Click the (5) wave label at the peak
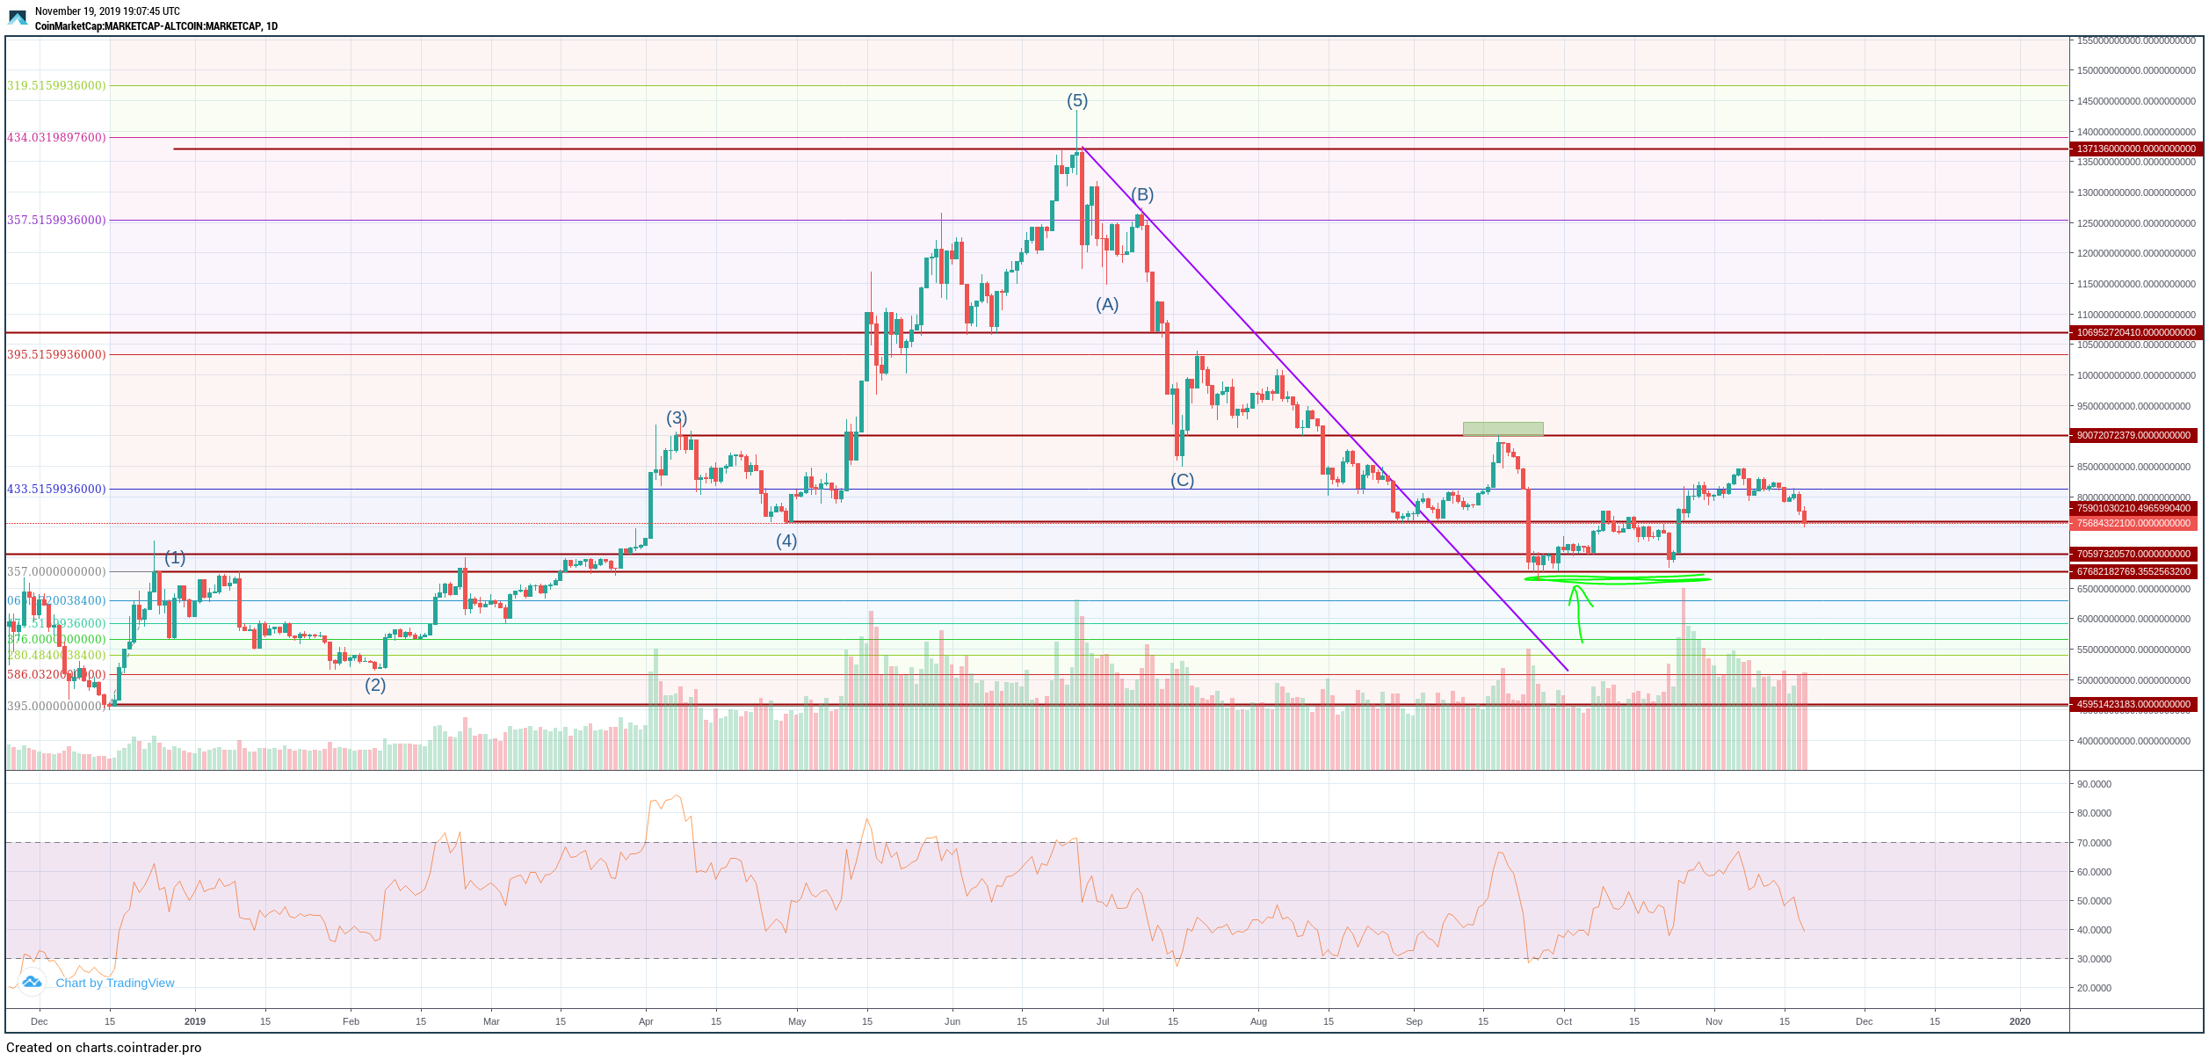(x=1076, y=101)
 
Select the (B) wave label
(x=1141, y=195)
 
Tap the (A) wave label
(x=1106, y=305)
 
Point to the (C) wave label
(x=1182, y=481)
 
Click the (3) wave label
(x=676, y=417)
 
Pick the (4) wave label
(x=786, y=541)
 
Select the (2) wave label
(x=375, y=685)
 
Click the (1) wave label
(x=175, y=558)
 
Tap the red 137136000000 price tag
(x=2135, y=149)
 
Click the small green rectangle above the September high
(x=1503, y=429)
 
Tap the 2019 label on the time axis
(x=195, y=1021)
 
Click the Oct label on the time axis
(x=1564, y=1021)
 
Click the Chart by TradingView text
(x=114, y=983)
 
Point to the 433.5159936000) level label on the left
(x=56, y=489)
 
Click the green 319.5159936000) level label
(x=56, y=85)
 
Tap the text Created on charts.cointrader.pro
(x=104, y=1048)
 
